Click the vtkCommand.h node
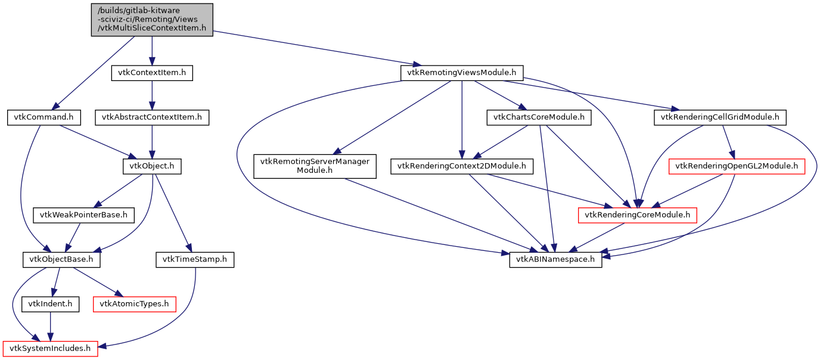[x=44, y=117]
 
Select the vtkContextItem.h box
[x=152, y=73]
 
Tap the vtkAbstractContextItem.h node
[x=152, y=117]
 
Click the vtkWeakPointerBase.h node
[x=83, y=215]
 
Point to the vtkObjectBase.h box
[x=61, y=259]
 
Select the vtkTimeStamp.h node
[x=195, y=259]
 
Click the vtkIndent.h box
[x=50, y=304]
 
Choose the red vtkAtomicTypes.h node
[x=134, y=304]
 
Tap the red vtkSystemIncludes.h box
[x=50, y=348]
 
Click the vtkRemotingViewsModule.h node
[x=462, y=73]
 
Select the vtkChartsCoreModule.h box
[x=539, y=117]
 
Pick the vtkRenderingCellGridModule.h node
[x=720, y=117]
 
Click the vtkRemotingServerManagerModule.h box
[x=315, y=166]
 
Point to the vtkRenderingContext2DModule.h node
[x=462, y=166]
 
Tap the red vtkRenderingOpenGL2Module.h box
[x=736, y=166]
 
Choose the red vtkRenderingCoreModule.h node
[x=637, y=215]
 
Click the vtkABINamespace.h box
[x=555, y=259]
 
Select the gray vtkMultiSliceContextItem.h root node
[x=152, y=20]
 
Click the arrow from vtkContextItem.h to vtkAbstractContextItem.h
[x=152, y=95]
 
